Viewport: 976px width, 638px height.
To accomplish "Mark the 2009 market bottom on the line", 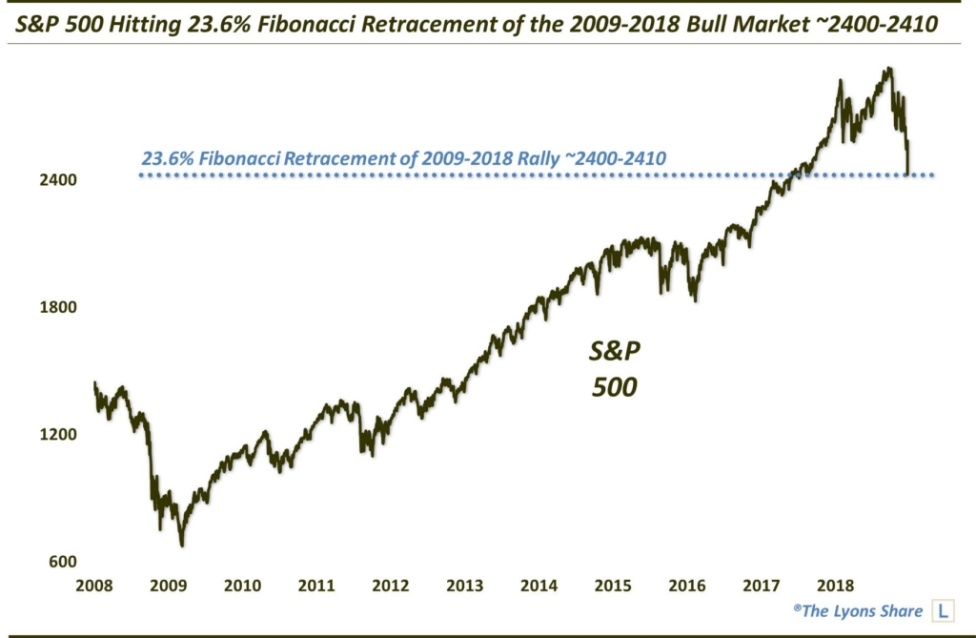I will (181, 545).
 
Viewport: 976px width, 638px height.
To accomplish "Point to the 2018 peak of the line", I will (888, 69).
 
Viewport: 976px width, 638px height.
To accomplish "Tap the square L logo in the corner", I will (943, 610).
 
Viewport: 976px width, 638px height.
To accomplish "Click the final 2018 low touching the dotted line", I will (908, 174).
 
